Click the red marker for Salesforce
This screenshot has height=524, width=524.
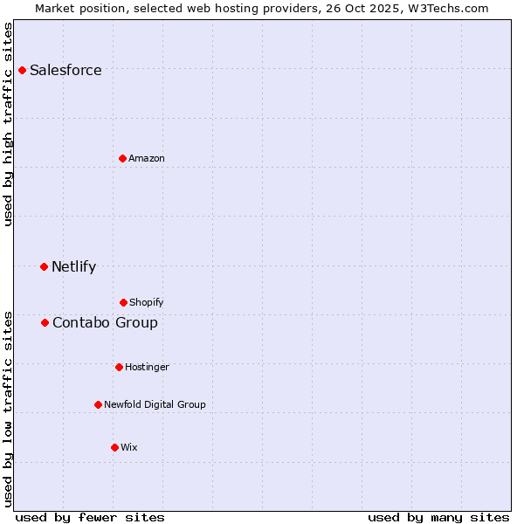point(23,70)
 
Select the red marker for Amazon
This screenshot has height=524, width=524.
point(122,158)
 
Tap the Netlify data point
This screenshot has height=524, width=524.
point(45,266)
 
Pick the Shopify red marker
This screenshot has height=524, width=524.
point(123,302)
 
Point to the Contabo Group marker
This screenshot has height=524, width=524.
point(45,322)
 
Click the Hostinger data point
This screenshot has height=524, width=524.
point(119,367)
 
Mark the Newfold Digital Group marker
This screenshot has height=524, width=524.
point(98,404)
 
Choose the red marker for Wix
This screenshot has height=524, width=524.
point(114,447)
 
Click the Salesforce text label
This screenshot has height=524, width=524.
point(65,70)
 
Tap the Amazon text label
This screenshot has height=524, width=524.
point(147,158)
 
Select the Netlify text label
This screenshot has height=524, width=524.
point(73,266)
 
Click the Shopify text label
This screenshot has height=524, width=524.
point(147,302)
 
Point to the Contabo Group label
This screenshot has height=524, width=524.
point(105,322)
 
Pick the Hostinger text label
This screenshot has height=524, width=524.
point(147,367)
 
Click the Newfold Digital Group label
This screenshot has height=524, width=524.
point(155,404)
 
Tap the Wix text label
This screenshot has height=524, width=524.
point(129,447)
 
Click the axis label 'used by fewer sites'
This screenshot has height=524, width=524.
point(90,517)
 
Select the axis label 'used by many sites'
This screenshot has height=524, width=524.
point(438,517)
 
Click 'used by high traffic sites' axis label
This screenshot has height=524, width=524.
point(8,124)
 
